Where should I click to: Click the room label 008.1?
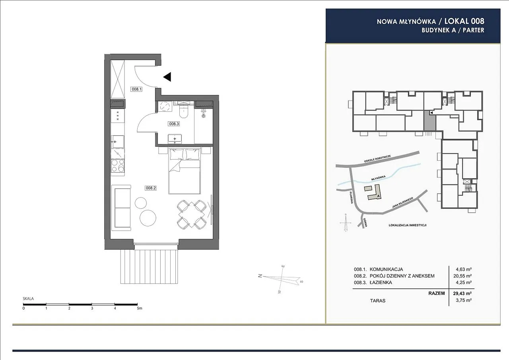coord(136,90)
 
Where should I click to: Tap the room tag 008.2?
coord(151,188)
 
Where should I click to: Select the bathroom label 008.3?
coord(174,124)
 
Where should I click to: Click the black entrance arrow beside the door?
coord(167,77)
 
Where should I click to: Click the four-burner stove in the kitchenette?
coord(118,165)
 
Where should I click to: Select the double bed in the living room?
coord(184,171)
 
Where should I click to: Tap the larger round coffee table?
coord(148,218)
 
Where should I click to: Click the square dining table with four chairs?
coord(192,215)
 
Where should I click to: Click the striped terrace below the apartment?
coord(149,266)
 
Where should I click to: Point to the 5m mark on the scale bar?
coord(139,308)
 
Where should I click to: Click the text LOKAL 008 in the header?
coord(464,21)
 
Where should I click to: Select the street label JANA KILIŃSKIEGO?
coord(403,202)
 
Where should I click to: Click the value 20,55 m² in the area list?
coord(464,276)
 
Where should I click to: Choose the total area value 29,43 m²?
coord(462,294)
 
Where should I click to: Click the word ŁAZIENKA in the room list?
coord(381,282)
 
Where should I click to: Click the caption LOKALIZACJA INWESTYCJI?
coord(408,225)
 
